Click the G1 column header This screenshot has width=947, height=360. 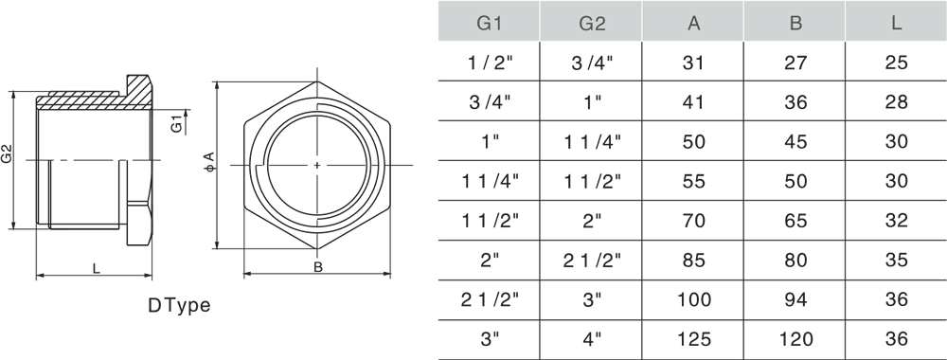point(490,23)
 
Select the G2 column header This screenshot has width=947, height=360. point(592,23)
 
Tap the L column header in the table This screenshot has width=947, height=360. point(896,23)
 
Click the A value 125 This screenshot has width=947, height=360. point(694,339)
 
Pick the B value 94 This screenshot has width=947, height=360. point(795,299)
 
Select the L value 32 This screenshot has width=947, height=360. point(896,221)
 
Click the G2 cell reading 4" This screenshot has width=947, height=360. point(592,339)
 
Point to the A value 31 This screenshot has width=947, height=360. point(693,63)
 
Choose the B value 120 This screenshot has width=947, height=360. point(795,339)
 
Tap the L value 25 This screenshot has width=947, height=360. point(896,63)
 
